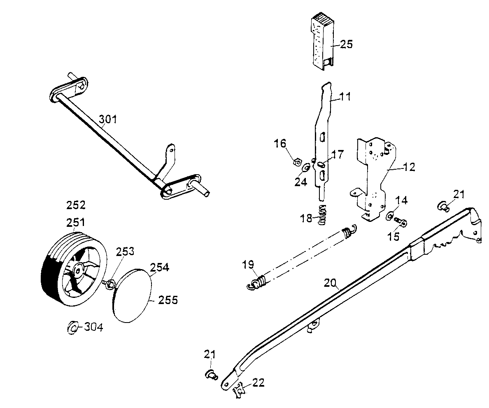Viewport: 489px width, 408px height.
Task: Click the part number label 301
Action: [x=108, y=120]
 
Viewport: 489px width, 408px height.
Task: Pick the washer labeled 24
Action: [x=306, y=168]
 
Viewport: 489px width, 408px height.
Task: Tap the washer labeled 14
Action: [x=389, y=215]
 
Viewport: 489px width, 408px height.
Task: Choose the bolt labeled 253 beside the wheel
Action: [x=109, y=284]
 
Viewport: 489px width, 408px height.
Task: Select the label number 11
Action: [x=345, y=97]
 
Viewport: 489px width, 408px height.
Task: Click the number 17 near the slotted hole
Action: [x=337, y=155]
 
